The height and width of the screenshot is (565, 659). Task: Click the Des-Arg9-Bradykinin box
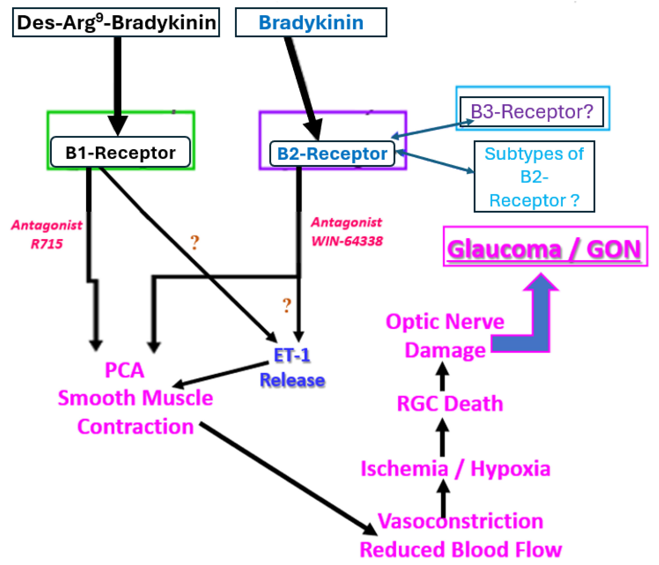click(116, 22)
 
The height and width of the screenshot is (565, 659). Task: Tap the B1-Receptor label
click(120, 153)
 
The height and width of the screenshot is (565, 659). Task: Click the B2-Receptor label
click(332, 154)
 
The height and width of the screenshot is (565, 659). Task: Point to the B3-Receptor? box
click(532, 112)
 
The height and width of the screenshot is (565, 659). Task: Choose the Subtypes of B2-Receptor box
click(534, 176)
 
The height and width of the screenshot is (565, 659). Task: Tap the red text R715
click(47, 244)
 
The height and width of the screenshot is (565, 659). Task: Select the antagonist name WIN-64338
click(347, 241)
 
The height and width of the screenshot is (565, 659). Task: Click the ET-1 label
click(292, 355)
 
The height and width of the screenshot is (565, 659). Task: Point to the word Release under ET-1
click(292, 380)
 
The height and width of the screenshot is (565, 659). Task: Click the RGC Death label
click(450, 404)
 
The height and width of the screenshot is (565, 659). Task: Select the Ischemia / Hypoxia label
click(455, 469)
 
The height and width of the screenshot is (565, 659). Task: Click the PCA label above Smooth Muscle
click(124, 370)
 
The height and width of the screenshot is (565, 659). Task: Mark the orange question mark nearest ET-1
click(287, 305)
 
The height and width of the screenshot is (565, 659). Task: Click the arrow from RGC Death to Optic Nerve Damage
click(442, 377)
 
